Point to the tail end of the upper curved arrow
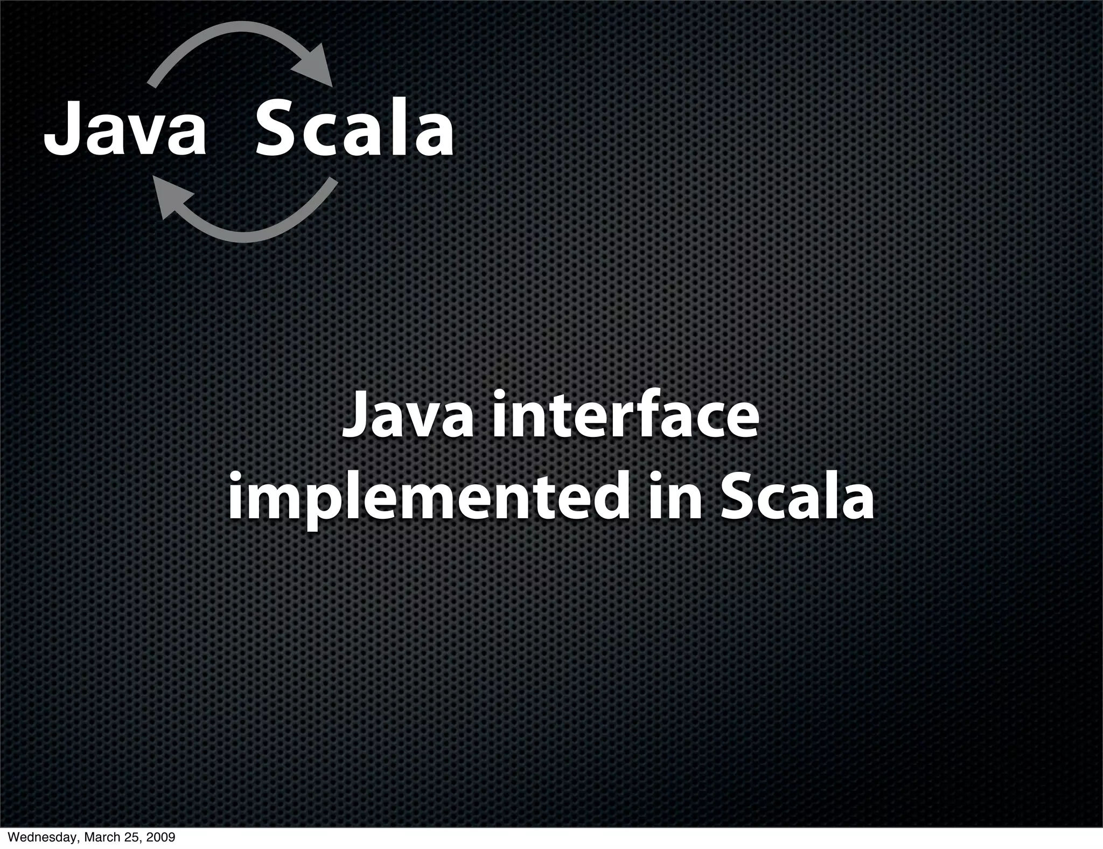[153, 82]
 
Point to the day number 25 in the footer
[132, 838]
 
